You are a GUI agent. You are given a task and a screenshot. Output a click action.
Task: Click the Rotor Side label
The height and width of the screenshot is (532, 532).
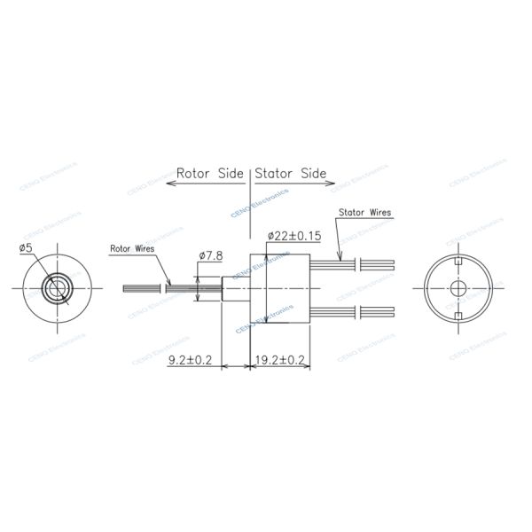[x=210, y=173]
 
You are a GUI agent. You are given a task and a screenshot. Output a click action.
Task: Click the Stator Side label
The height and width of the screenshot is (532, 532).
[x=291, y=173]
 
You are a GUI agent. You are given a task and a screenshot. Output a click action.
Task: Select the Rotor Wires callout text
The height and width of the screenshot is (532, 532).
[x=132, y=249]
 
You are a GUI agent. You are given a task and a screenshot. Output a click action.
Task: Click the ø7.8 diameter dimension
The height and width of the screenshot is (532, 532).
[x=210, y=255]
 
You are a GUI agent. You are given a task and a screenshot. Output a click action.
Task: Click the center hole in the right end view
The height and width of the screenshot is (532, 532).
[x=458, y=289]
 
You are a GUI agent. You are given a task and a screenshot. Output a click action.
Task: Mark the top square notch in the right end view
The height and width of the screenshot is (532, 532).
[x=458, y=263]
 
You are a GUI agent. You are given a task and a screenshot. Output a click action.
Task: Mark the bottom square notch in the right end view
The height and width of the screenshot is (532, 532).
[x=458, y=316]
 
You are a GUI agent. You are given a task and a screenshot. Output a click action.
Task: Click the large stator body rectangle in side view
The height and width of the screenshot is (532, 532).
[x=279, y=289]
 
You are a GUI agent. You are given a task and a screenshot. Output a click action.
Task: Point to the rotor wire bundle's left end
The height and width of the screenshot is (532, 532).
[x=126, y=289]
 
